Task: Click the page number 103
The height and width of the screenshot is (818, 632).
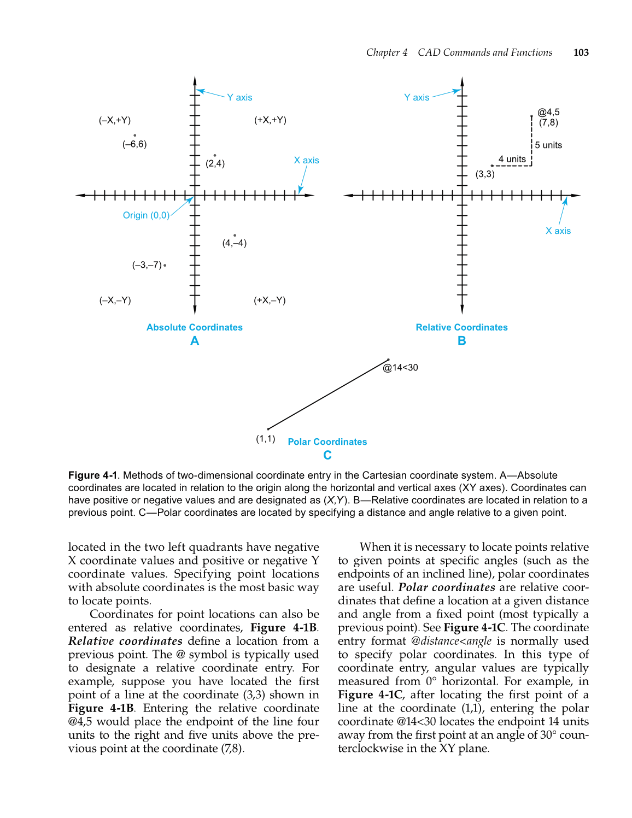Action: click(x=581, y=52)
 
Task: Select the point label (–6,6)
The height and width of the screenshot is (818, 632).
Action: click(x=134, y=144)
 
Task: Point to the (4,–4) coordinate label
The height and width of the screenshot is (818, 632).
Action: click(x=234, y=243)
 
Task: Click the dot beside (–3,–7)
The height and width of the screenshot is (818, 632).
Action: click(x=165, y=266)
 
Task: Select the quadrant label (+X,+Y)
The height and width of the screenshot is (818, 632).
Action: click(x=270, y=120)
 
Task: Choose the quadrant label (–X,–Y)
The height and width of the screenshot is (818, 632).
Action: click(x=115, y=301)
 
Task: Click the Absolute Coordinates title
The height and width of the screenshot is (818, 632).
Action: click(x=194, y=327)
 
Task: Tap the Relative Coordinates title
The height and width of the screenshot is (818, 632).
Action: click(x=461, y=327)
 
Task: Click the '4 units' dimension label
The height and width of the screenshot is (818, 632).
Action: click(x=512, y=159)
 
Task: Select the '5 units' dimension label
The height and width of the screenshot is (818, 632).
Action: click(x=548, y=145)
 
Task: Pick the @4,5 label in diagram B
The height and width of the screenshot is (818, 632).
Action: click(x=548, y=112)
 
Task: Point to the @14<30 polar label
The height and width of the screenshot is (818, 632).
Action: click(x=400, y=368)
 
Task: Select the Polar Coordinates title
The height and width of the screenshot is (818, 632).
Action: click(x=327, y=442)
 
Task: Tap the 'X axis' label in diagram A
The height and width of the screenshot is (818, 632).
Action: click(x=306, y=160)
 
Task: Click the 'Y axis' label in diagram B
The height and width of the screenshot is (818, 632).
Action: click(x=417, y=97)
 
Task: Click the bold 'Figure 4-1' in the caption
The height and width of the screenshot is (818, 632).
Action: click(x=92, y=475)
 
